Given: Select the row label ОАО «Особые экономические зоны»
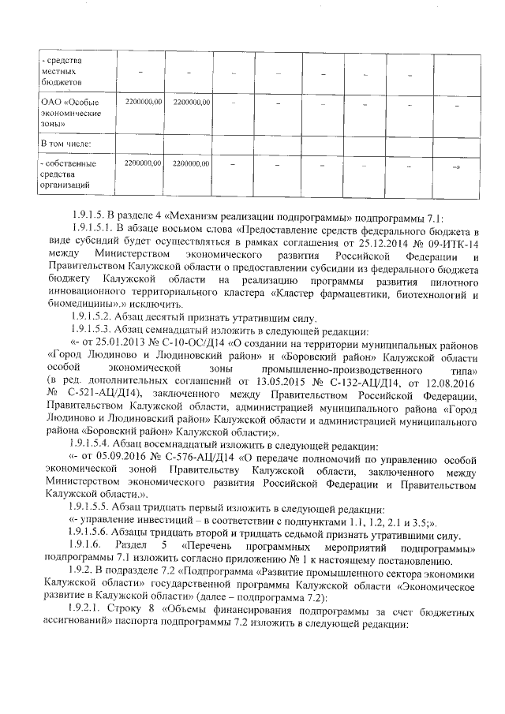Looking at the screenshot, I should point(71,113).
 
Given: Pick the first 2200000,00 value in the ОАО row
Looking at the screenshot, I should point(143,102).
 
